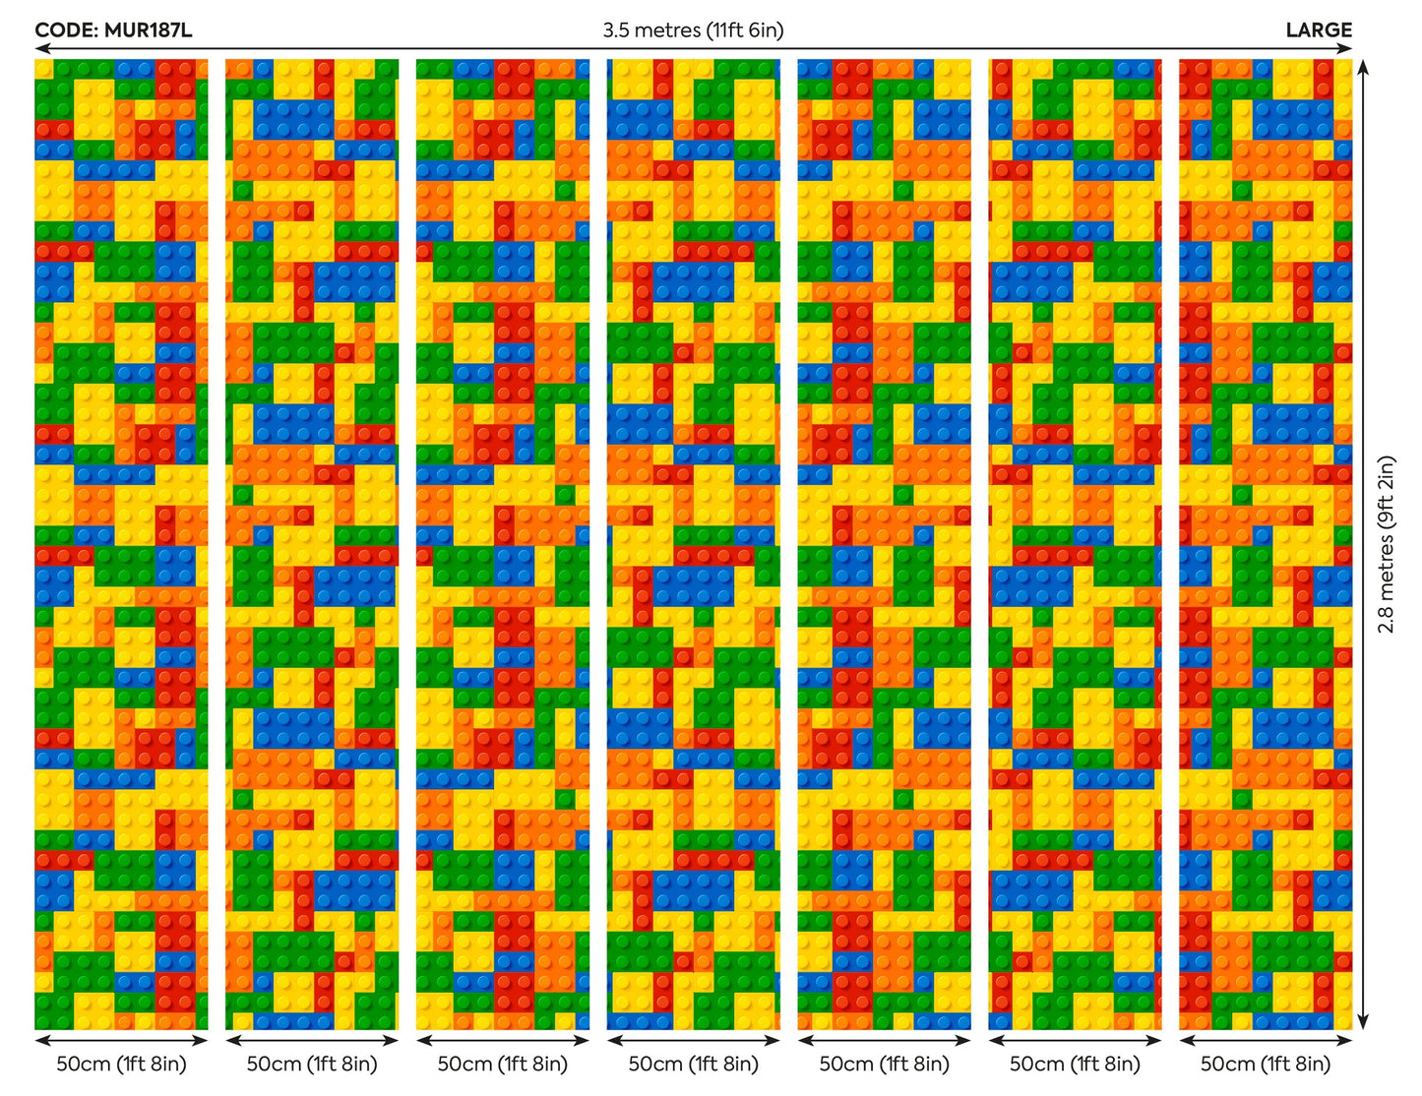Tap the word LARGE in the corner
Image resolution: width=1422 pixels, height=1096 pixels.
[1319, 30]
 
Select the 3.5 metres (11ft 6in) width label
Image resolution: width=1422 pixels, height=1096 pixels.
[693, 30]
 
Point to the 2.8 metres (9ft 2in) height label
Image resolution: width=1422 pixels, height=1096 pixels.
[1387, 544]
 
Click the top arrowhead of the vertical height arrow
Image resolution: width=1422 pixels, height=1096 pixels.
[1363, 65]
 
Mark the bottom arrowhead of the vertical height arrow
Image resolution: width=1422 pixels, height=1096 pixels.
[1363, 1023]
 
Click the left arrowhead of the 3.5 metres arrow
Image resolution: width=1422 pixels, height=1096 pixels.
[40, 48]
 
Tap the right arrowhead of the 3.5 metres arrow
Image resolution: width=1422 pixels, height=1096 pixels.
[1347, 48]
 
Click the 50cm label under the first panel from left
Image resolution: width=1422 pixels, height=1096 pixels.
[121, 1064]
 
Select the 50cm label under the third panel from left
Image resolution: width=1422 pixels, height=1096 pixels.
[503, 1064]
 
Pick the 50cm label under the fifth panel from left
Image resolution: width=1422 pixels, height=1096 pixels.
[884, 1064]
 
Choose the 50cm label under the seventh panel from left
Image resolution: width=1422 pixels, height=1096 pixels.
[1266, 1064]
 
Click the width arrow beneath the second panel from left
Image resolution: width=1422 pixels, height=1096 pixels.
[312, 1040]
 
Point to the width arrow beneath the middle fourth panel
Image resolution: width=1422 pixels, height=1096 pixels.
[693, 1040]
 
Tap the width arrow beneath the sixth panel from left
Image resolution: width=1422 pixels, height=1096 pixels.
[1075, 1040]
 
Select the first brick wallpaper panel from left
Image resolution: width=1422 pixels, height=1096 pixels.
[121, 544]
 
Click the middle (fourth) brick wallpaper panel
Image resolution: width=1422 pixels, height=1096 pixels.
[693, 544]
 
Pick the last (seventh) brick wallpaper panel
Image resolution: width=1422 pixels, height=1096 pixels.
[1266, 544]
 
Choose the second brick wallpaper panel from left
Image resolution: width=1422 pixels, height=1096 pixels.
[312, 544]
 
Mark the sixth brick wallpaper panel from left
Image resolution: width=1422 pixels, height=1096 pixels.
[1075, 544]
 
